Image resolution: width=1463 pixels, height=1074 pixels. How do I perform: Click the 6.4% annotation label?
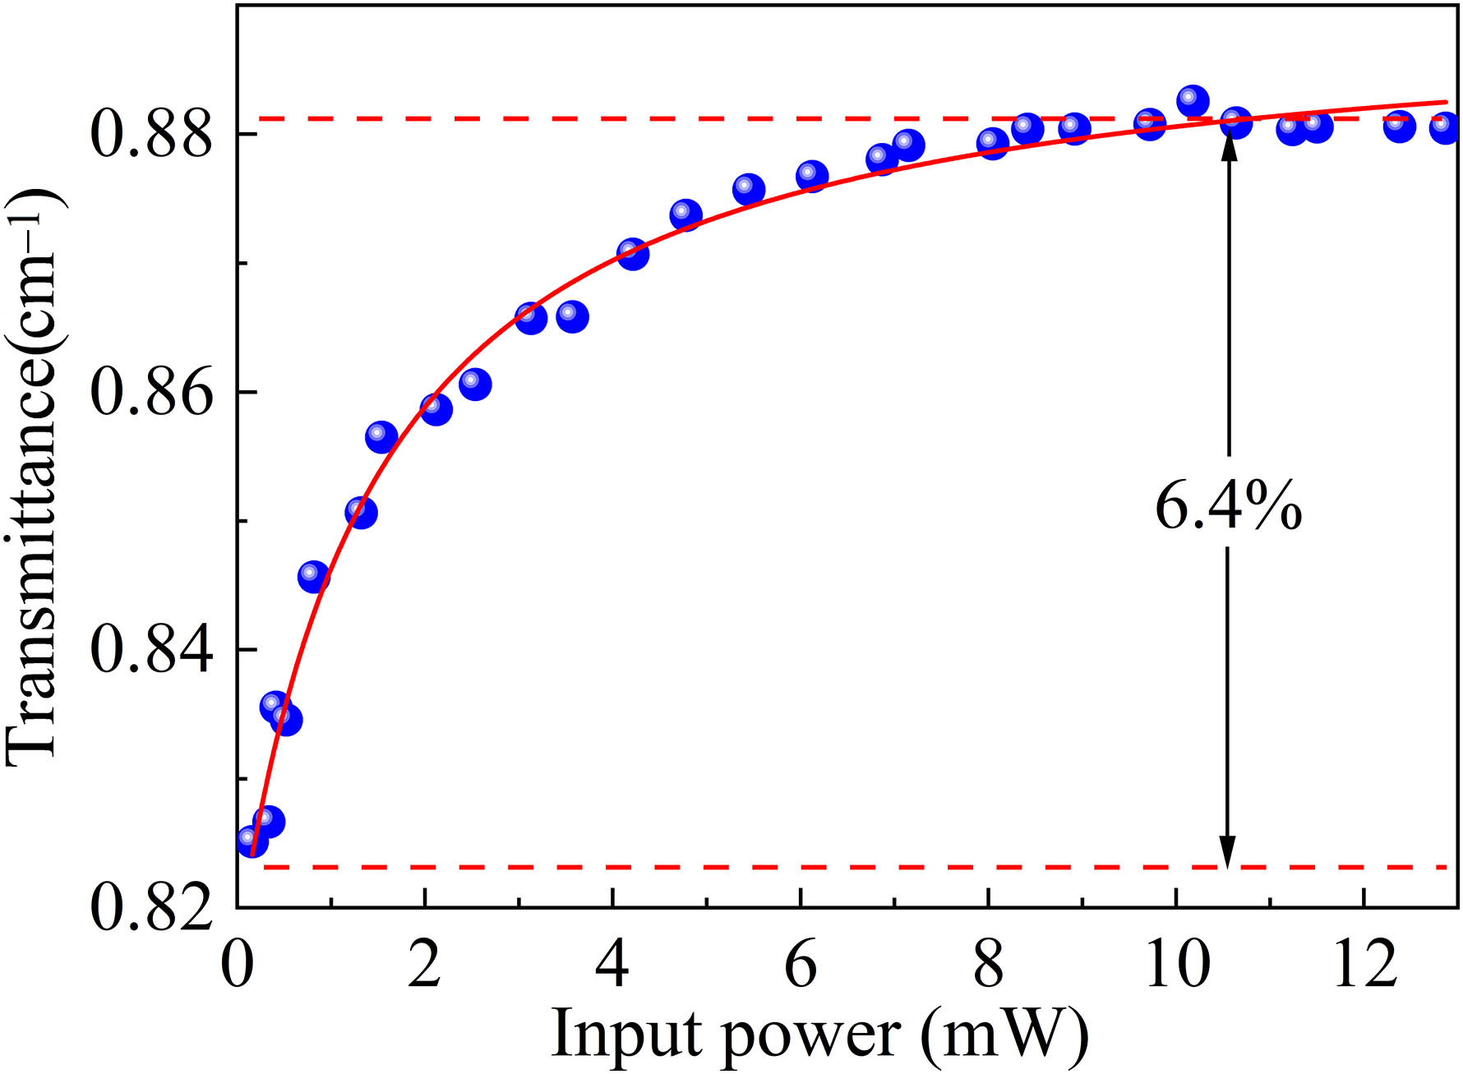(x=1228, y=506)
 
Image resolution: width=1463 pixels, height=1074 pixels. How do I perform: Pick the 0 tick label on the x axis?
(x=238, y=965)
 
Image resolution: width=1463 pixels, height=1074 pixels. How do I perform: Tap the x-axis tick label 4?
(x=612, y=965)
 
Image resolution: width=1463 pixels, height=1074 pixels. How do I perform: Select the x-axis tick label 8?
(x=988, y=965)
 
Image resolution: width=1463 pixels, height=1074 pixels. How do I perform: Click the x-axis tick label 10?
(x=1176, y=965)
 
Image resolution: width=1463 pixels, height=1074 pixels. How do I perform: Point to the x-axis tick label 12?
(x=1364, y=965)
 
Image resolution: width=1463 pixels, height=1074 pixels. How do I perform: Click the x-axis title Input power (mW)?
(x=819, y=1032)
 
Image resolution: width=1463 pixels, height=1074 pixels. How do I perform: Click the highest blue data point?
(x=1192, y=101)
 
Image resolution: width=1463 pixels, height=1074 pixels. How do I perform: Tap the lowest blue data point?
(x=252, y=841)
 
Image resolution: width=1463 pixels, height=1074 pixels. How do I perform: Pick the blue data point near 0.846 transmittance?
(x=313, y=576)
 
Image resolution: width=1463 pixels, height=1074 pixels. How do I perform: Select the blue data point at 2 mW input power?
(x=436, y=408)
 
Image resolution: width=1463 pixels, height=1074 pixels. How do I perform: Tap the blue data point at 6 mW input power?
(x=812, y=176)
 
